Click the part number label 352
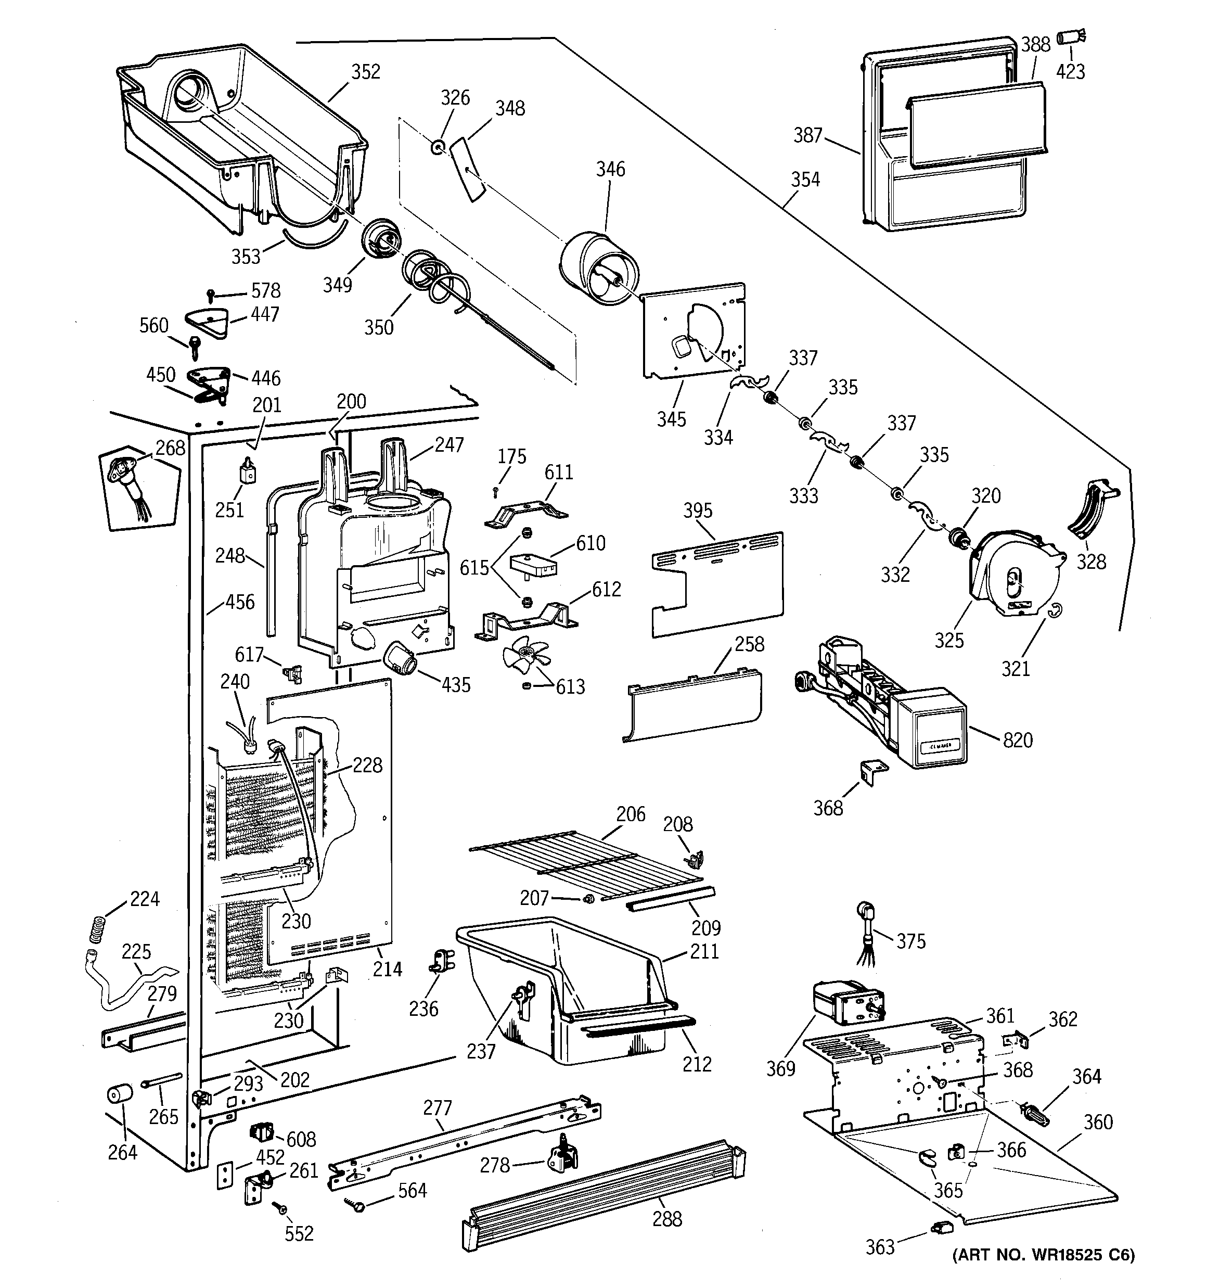click(x=365, y=72)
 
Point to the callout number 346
click(x=610, y=170)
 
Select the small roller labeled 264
click(x=119, y=1113)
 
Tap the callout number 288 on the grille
click(x=666, y=1220)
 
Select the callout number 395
click(x=697, y=511)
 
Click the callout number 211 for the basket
click(x=704, y=951)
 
